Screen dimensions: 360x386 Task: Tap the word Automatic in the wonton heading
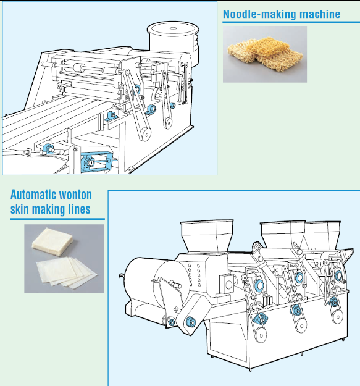33,195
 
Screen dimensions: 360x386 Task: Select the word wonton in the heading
76,195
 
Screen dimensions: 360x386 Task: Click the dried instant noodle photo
265,54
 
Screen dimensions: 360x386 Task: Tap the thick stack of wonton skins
52,241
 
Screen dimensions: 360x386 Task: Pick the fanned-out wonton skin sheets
67,271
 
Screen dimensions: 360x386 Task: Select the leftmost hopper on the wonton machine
207,236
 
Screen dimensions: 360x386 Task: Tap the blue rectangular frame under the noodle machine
96,162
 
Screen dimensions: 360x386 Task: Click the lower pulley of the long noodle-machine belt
145,135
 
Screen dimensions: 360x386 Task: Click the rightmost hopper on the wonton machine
322,235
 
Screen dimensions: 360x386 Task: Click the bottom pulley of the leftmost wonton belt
261,335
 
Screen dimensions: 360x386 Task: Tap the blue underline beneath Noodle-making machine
291,22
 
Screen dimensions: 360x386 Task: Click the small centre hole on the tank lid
174,28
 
